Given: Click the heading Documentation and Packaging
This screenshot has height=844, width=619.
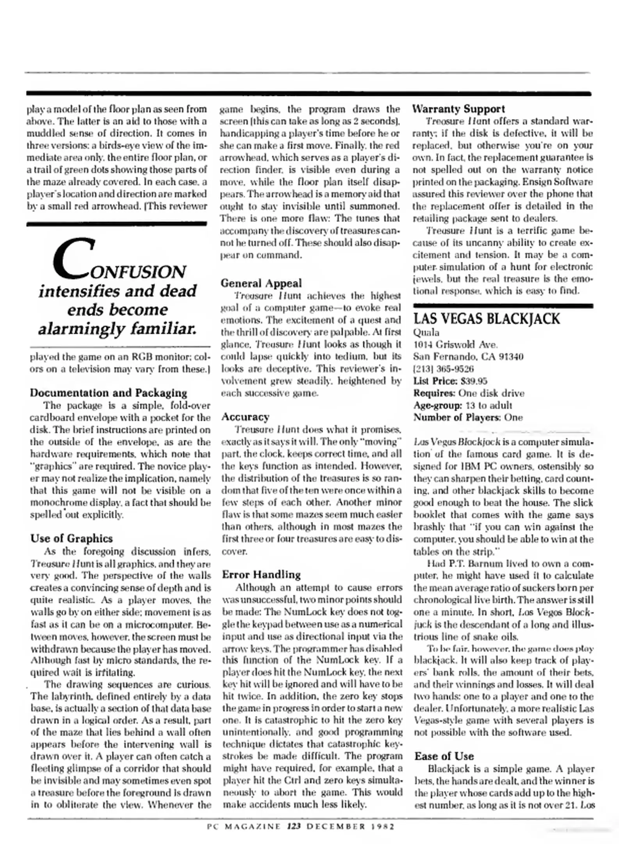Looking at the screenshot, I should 108,393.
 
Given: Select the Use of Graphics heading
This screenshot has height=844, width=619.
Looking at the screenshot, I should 71,538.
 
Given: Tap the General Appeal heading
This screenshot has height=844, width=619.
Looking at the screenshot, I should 261,283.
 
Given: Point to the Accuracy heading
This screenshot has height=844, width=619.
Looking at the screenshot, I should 245,417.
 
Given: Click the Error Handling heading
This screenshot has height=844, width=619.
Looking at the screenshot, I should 261,574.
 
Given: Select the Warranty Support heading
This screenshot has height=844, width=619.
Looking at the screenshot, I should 458,109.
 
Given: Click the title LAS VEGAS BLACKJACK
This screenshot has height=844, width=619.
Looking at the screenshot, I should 486,319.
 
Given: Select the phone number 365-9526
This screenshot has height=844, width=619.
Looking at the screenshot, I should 454,369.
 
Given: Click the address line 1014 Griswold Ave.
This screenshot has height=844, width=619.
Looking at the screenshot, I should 455,345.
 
